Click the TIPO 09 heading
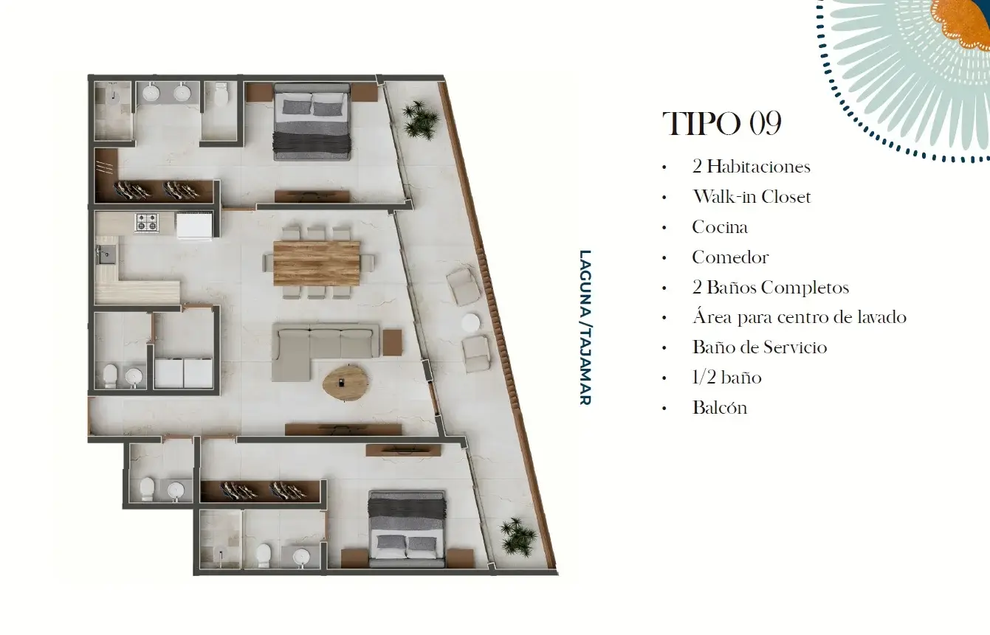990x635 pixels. pos(722,123)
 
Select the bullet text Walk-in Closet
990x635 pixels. pos(752,197)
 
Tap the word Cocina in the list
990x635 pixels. pos(720,227)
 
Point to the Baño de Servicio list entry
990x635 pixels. pos(760,347)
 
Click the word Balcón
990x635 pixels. pos(720,408)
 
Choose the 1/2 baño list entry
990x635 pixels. pos(727,378)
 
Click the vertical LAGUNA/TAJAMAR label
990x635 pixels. pos(585,327)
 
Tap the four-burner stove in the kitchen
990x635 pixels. pos(147,223)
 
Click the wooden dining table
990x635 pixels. pos(317,263)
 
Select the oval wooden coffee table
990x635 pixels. pos(346,383)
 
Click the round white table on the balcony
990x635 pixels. pos(471,323)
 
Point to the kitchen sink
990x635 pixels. pos(106,254)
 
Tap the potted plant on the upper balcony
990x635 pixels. pos(419,119)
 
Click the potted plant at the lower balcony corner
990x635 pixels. pos(517,536)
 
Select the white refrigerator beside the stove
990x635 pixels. pos(194,226)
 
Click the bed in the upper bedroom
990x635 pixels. pos(312,122)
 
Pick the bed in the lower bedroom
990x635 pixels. pos(407,529)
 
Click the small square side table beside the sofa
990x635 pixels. pos(393,343)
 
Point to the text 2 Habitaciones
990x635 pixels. pos(752,167)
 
